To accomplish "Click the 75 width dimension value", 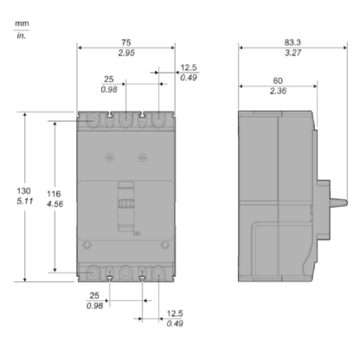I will coord(126,42).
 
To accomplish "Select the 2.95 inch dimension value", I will coord(126,54).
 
